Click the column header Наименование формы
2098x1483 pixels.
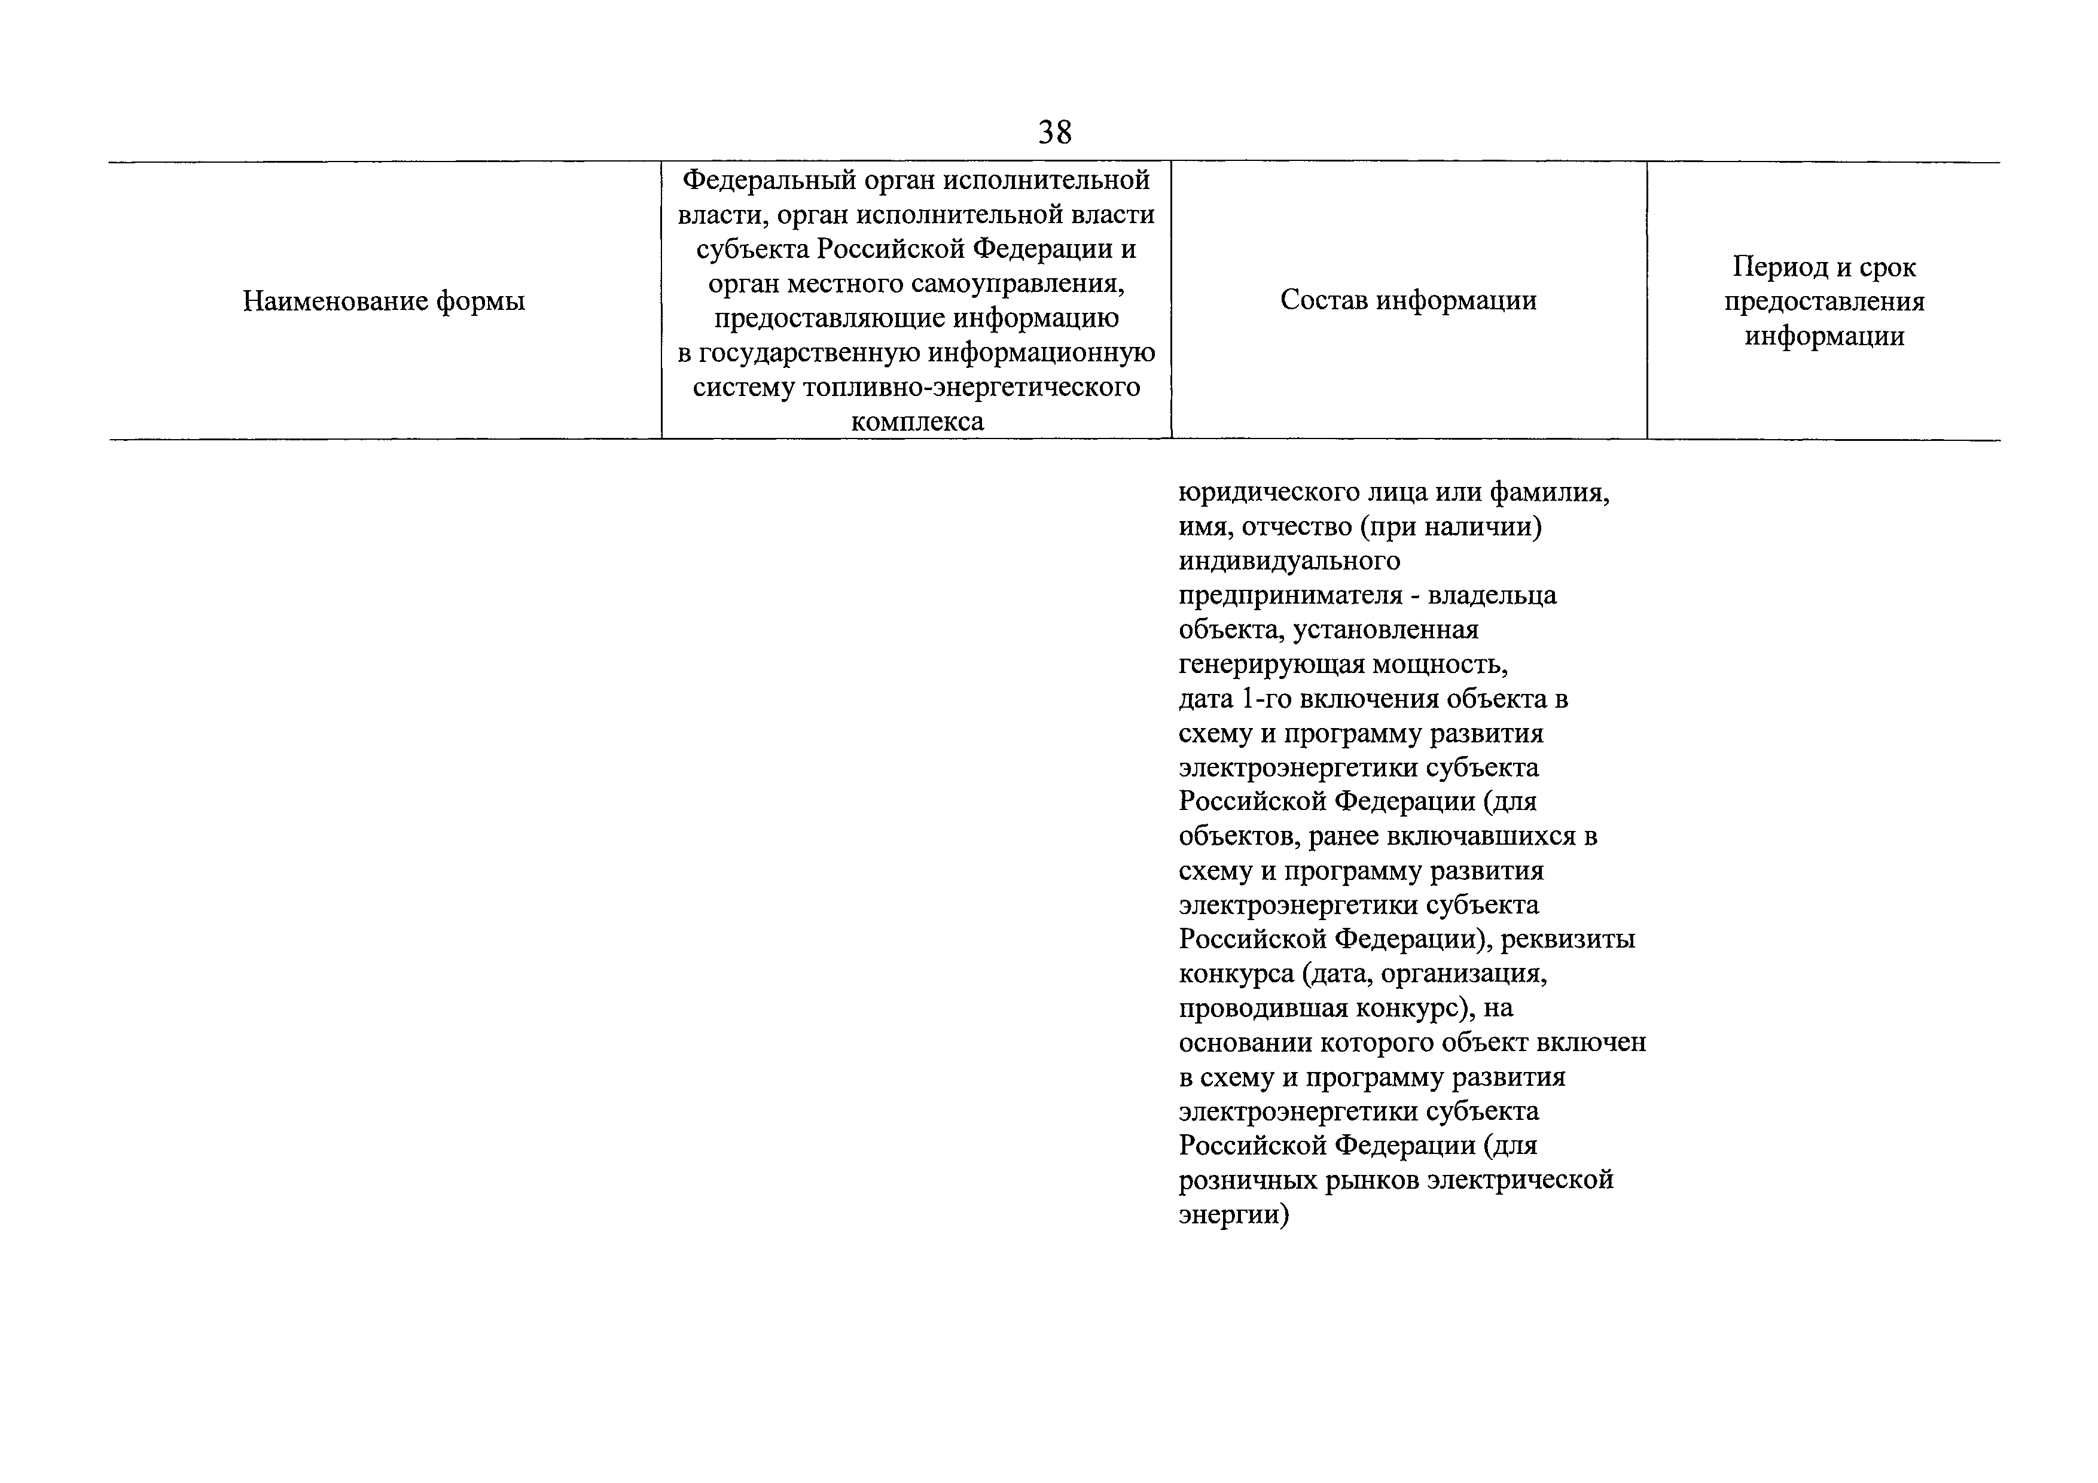384,301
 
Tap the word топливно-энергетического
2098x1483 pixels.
971,388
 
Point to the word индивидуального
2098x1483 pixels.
1288,561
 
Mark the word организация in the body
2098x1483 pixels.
1464,974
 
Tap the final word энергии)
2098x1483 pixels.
1234,1215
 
